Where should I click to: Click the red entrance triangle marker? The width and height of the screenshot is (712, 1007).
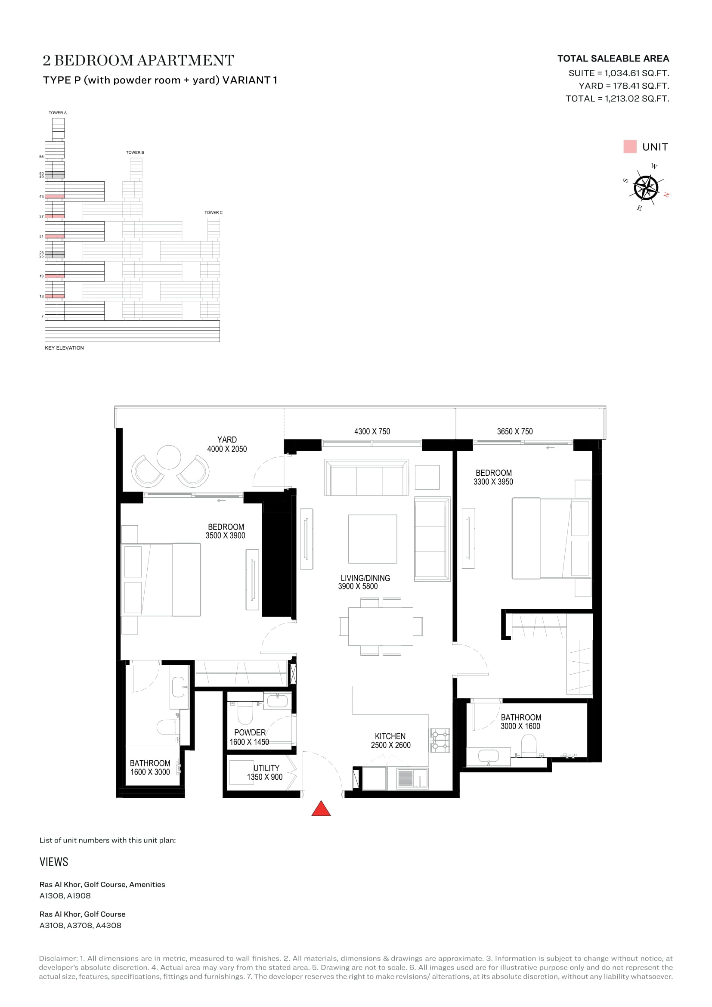click(x=321, y=809)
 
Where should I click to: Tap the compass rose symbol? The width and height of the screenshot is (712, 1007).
click(x=646, y=188)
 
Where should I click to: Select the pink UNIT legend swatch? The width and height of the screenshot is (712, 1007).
click(x=630, y=146)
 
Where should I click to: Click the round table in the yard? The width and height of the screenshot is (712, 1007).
click(x=169, y=457)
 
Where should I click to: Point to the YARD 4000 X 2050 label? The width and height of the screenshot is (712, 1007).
click(x=227, y=444)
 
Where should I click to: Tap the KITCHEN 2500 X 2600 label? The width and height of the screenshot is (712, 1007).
click(x=390, y=741)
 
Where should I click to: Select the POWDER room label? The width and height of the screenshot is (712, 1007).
click(x=250, y=732)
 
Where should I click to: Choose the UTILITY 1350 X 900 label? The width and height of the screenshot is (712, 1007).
click(x=265, y=772)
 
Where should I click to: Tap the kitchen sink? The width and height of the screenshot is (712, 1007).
click(x=412, y=778)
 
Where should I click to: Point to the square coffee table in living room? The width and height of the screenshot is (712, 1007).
click(x=373, y=539)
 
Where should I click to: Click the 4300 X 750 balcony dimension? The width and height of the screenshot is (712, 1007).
click(x=372, y=431)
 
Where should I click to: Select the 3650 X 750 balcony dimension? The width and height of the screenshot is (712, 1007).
click(x=515, y=431)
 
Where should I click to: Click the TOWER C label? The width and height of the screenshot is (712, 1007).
click(x=214, y=213)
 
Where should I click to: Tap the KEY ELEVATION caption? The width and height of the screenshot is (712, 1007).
click(x=65, y=348)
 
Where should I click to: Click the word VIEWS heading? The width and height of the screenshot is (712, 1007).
click(x=54, y=862)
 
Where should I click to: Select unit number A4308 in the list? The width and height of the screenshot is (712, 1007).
click(x=108, y=926)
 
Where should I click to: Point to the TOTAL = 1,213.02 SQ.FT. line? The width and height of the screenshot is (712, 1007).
click(x=617, y=99)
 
